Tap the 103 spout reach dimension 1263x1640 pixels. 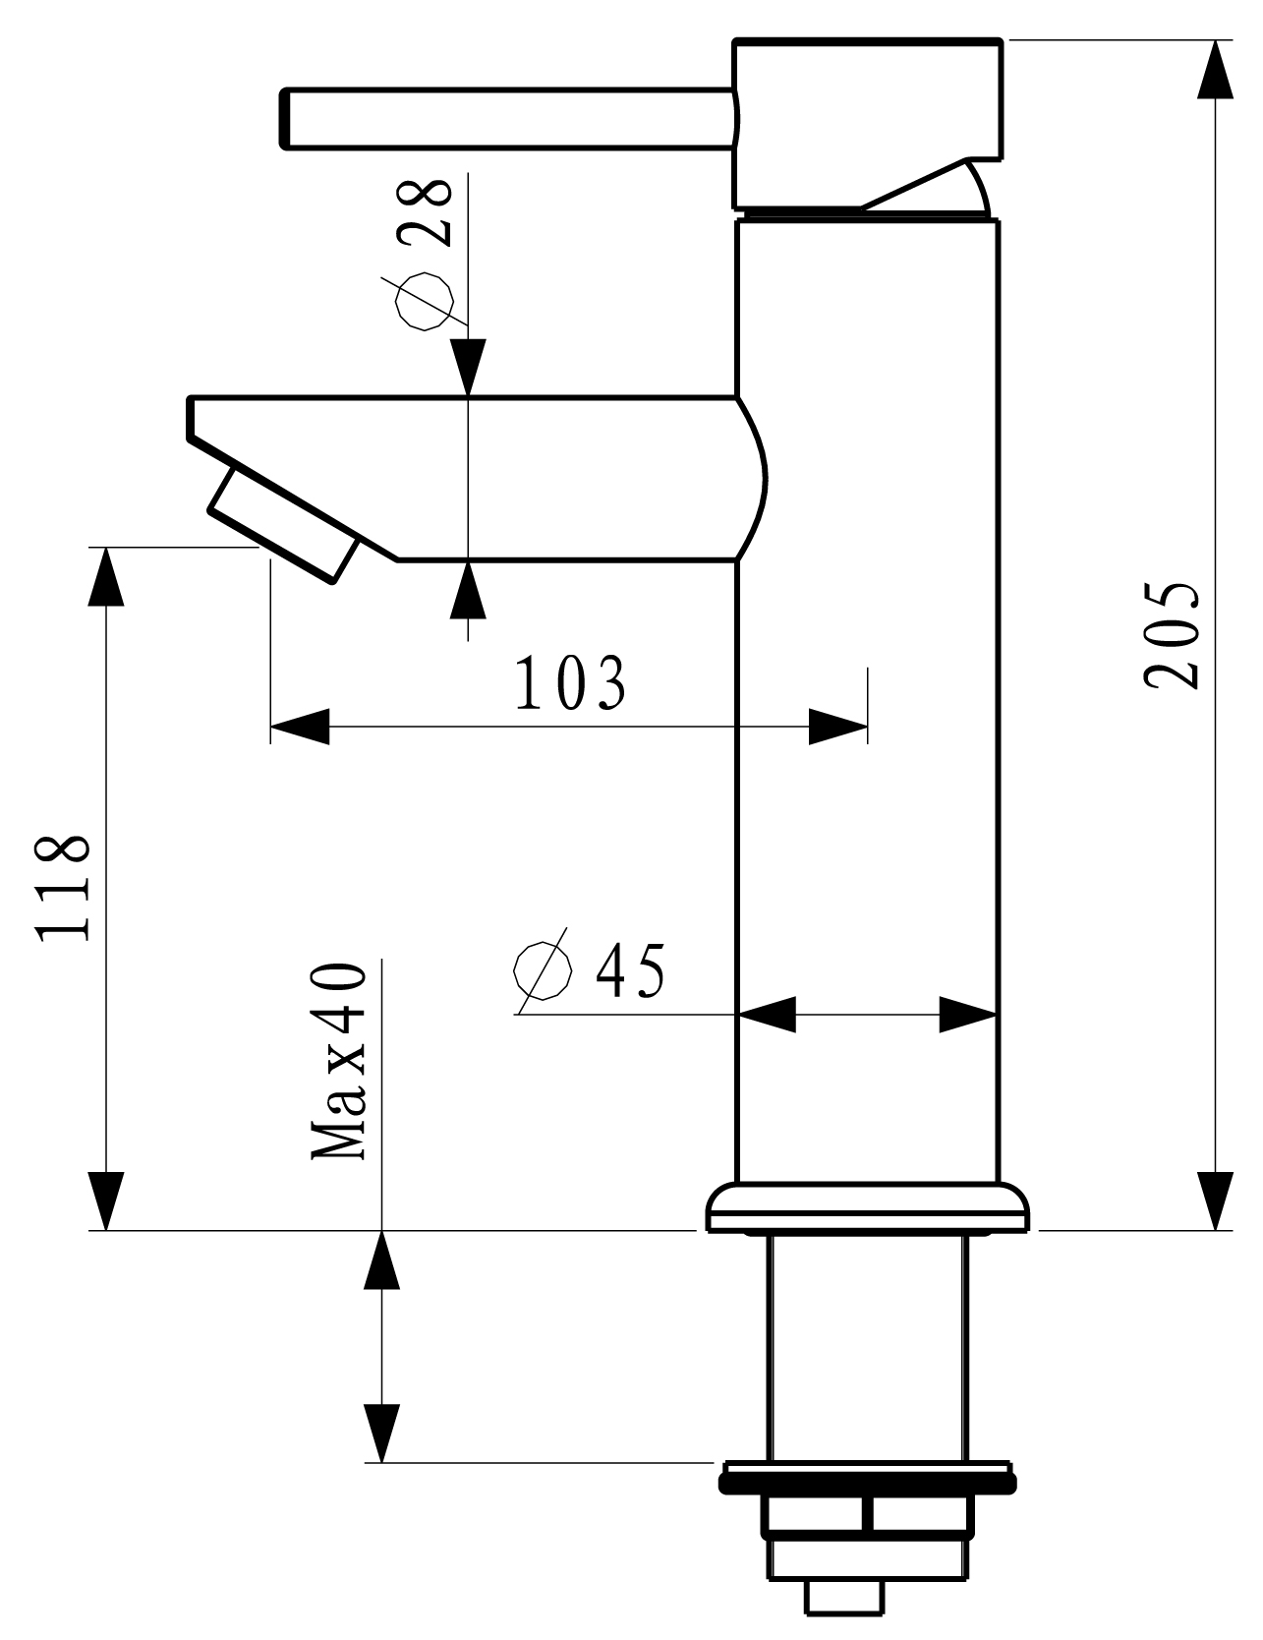tap(570, 682)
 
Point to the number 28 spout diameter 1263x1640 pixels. tap(427, 212)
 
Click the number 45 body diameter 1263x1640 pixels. tap(630, 970)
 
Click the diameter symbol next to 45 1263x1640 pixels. tap(543, 970)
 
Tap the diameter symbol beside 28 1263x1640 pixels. tap(425, 300)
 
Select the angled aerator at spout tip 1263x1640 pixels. tap(283, 528)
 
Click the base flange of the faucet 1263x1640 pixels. tap(868, 1208)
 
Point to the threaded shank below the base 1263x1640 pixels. tap(868, 1347)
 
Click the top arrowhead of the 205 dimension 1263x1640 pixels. tap(1217, 69)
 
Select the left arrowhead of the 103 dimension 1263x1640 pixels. tap(299, 728)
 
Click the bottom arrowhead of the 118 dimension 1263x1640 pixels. tap(106, 1201)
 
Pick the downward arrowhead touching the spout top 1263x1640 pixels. tap(470, 368)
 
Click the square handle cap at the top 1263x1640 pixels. tap(868, 123)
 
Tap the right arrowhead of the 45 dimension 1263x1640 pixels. tap(969, 1014)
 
